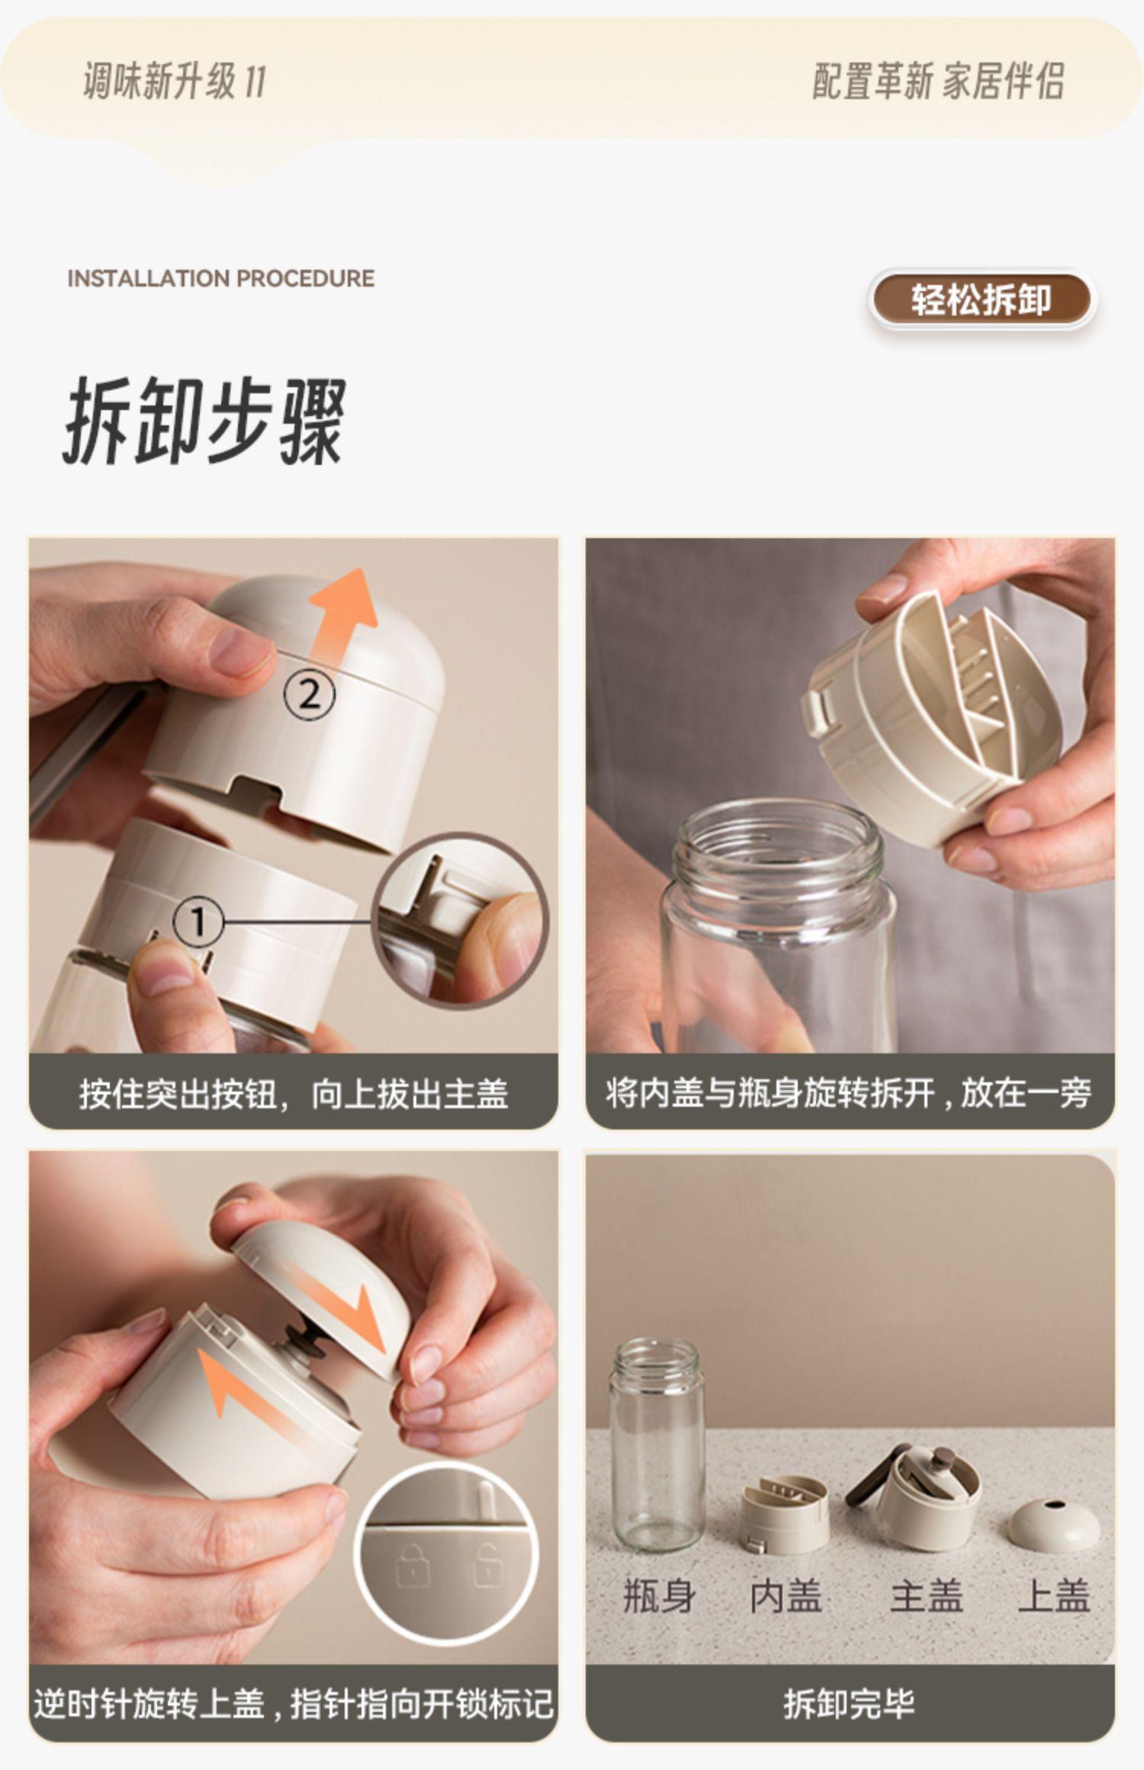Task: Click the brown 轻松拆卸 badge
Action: [982, 300]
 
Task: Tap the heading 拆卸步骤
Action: [204, 421]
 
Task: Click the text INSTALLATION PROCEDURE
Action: [220, 278]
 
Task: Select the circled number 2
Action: [309, 695]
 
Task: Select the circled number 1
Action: [198, 922]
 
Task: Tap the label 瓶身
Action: [658, 1595]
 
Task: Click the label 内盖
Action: [786, 1595]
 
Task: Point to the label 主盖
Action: [926, 1595]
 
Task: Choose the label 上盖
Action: [1054, 1595]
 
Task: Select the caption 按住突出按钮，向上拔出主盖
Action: [294, 1093]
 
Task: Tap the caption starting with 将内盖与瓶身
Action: [849, 1092]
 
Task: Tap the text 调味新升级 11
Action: [174, 82]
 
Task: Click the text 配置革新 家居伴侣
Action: [938, 82]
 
